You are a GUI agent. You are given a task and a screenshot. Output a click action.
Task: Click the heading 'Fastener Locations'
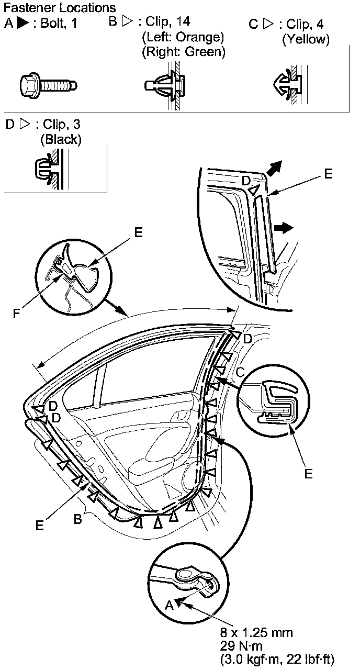click(x=60, y=8)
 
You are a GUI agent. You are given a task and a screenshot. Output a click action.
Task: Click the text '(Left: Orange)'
click(x=183, y=38)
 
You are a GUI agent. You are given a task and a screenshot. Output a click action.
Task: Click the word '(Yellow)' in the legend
click(x=306, y=40)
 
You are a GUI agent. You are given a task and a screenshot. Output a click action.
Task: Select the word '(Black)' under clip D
click(x=61, y=139)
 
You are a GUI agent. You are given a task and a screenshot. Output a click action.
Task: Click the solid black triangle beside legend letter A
click(x=22, y=24)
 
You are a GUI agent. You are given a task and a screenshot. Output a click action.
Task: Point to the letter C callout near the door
click(x=240, y=372)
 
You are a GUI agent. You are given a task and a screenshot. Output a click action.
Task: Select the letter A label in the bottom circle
click(x=168, y=605)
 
